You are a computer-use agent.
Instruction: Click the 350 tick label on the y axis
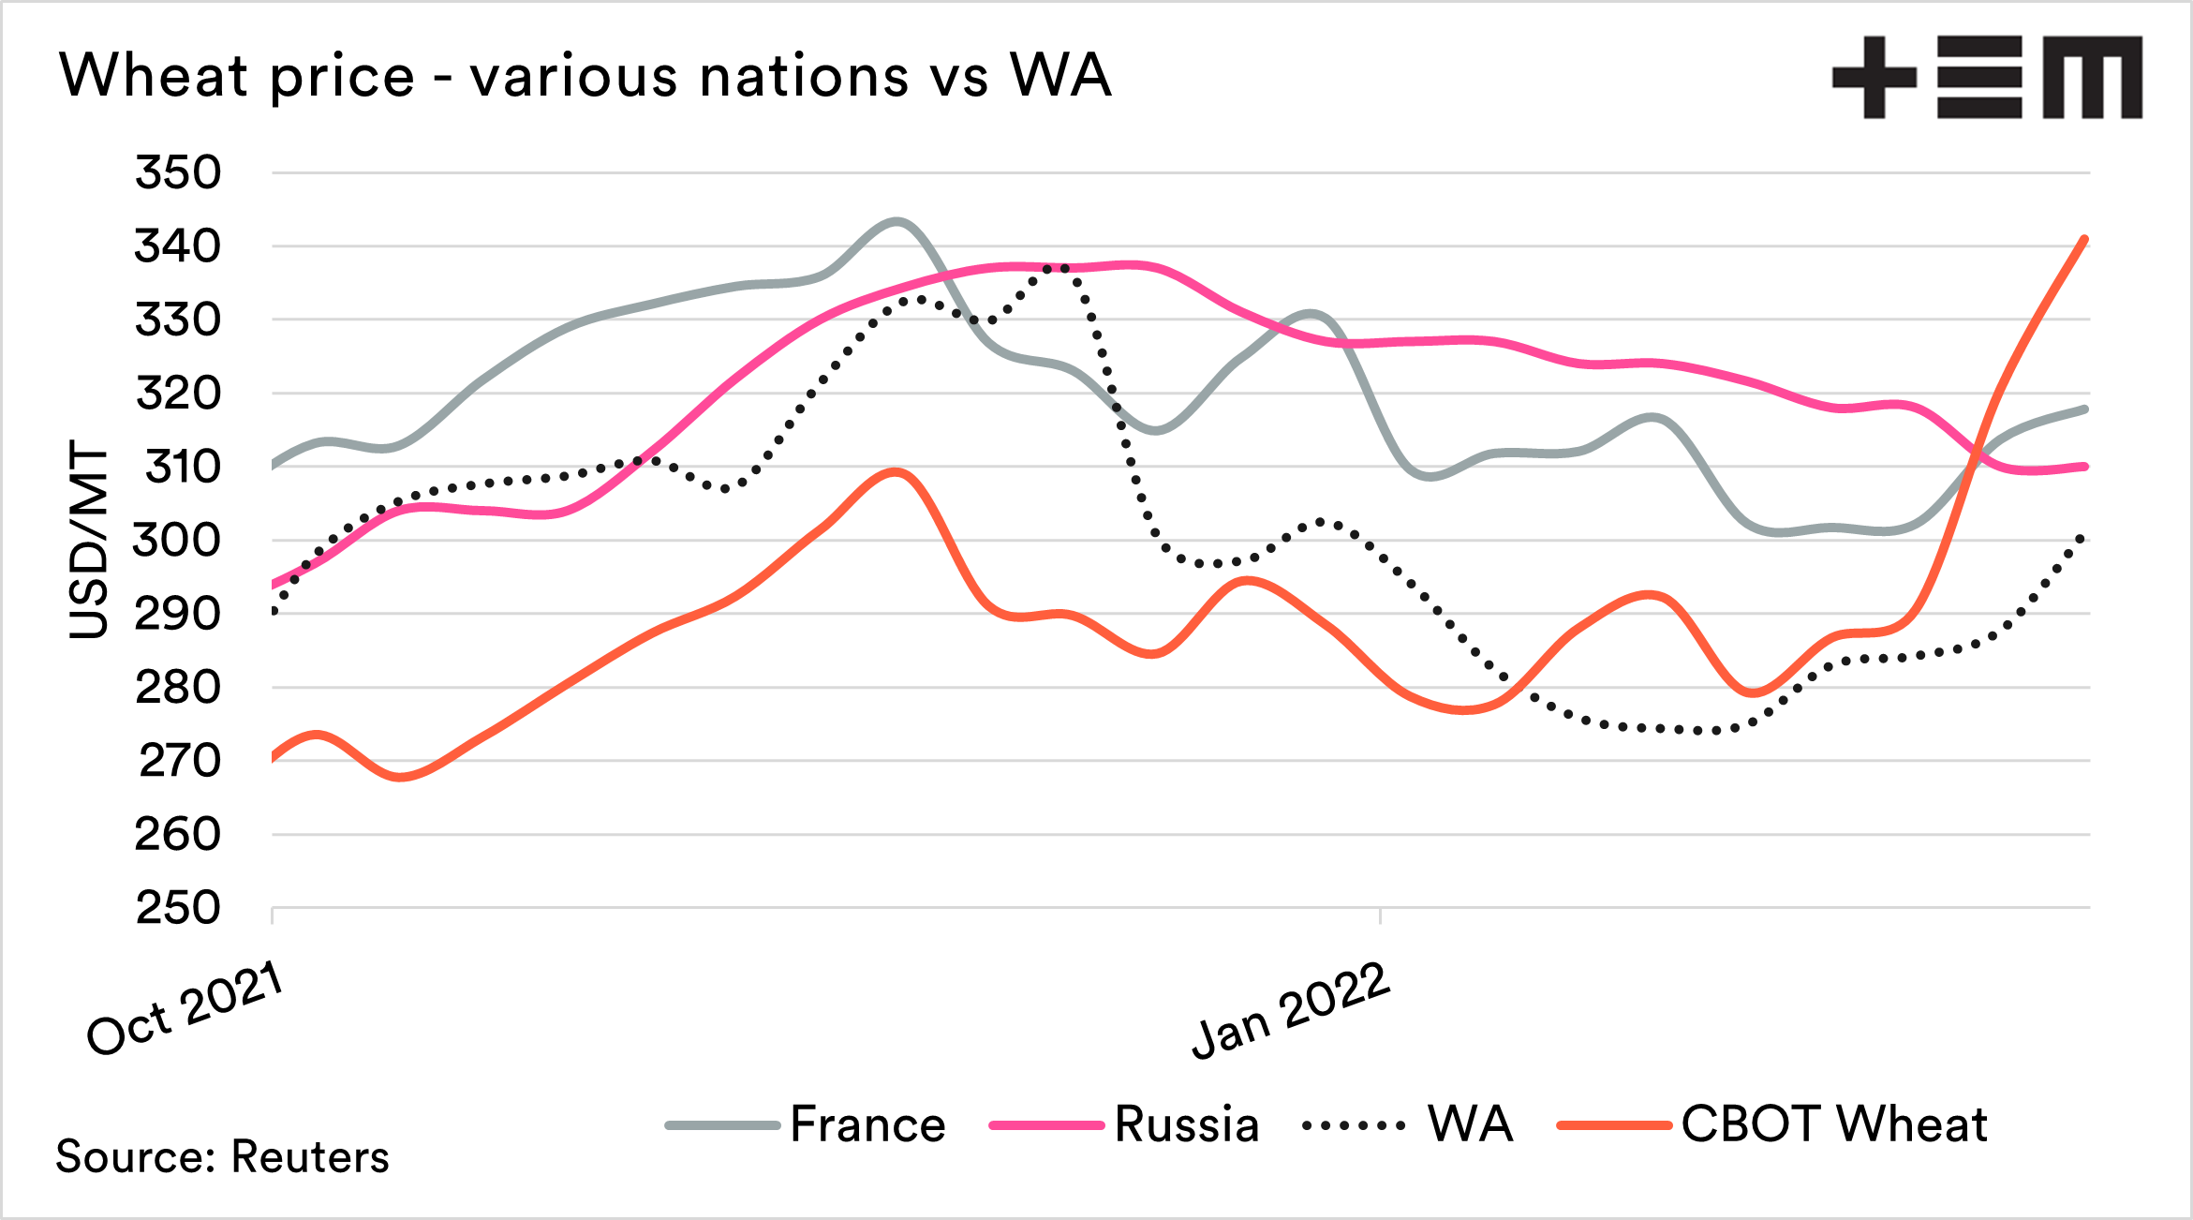pyautogui.click(x=178, y=172)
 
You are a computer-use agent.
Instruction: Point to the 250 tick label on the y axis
pyautogui.click(x=178, y=907)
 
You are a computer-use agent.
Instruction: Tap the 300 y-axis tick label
pyautogui.click(x=178, y=540)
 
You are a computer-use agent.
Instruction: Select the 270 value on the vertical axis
pyautogui.click(x=180, y=760)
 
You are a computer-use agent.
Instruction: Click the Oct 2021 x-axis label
pyautogui.click(x=185, y=1009)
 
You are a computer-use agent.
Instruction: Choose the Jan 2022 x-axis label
pyautogui.click(x=1291, y=1011)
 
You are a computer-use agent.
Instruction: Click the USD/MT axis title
pyautogui.click(x=89, y=540)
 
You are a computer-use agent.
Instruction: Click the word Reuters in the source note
pyautogui.click(x=310, y=1156)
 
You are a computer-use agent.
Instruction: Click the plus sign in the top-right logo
pyautogui.click(x=1874, y=78)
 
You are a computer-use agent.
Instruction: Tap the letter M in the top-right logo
pyautogui.click(x=2092, y=78)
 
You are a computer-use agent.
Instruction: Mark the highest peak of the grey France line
pyautogui.click(x=896, y=222)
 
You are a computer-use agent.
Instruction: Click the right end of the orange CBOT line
pyautogui.click(x=2085, y=239)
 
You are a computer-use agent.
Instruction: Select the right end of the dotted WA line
pyautogui.click(x=2083, y=536)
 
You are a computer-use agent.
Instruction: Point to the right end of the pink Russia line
pyautogui.click(x=2085, y=466)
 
